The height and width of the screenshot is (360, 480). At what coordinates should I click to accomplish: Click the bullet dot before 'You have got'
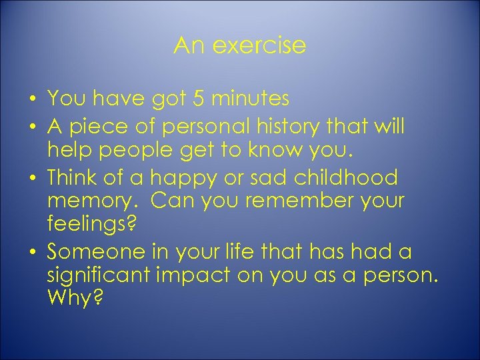pos(33,101)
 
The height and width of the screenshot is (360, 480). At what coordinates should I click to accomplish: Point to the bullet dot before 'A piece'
pos(33,127)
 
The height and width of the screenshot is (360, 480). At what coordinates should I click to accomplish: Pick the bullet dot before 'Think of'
pos(33,179)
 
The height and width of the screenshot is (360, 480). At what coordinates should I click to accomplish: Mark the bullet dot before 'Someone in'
pos(33,253)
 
